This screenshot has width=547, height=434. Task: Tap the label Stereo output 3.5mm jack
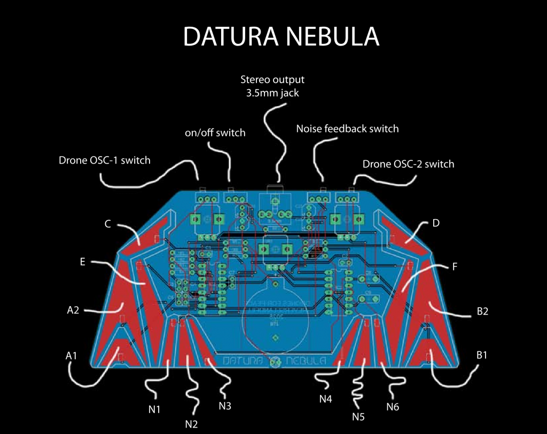(272, 86)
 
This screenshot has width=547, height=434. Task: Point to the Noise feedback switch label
(347, 129)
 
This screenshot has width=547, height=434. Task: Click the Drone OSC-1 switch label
(105, 160)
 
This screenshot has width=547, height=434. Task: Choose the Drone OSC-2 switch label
(408, 164)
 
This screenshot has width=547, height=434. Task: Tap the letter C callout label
(107, 224)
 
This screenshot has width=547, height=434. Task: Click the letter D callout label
(435, 223)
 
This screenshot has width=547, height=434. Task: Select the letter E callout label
(82, 262)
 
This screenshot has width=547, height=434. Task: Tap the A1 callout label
(72, 354)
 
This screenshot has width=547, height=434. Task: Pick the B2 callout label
(482, 311)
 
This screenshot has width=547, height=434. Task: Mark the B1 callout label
(481, 354)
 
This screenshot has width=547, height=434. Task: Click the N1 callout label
(154, 410)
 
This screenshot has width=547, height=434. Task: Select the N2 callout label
(191, 424)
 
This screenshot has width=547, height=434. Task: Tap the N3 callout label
(224, 406)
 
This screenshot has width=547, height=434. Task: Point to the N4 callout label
(326, 399)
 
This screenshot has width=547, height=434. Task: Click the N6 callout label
(393, 407)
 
